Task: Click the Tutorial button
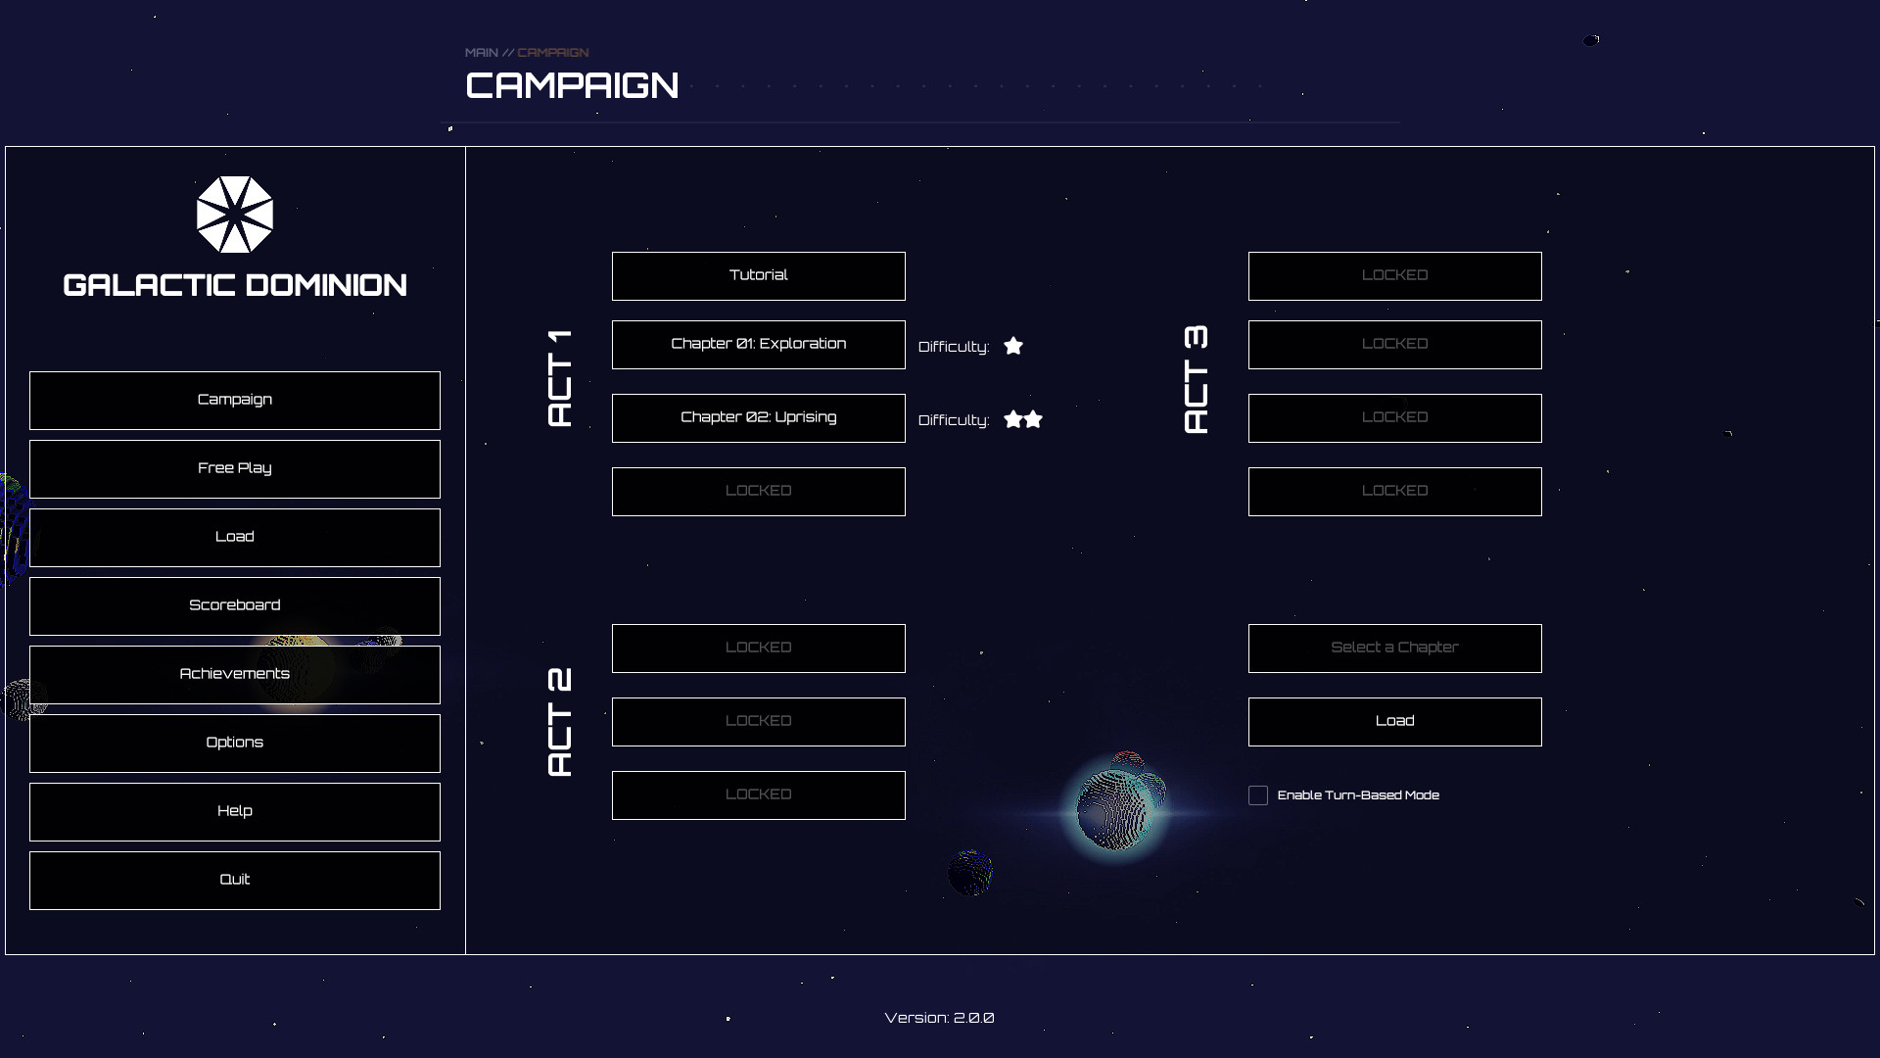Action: point(758,275)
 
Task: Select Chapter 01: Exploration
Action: point(758,344)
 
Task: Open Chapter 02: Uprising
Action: point(758,417)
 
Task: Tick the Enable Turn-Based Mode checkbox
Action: point(1258,795)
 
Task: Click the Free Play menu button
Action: point(234,468)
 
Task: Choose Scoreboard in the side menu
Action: point(234,605)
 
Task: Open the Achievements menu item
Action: point(234,674)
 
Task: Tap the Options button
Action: point(234,743)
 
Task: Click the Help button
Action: point(234,811)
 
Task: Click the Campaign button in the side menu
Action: point(234,400)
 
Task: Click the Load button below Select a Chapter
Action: point(1394,721)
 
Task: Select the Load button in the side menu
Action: point(234,537)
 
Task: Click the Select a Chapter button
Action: point(1394,648)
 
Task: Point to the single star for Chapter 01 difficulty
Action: point(1013,346)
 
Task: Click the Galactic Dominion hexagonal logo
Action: point(235,215)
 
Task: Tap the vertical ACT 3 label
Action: point(1196,380)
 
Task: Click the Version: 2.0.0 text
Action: point(939,1018)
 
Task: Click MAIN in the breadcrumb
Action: point(481,53)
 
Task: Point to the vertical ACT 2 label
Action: point(559,722)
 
